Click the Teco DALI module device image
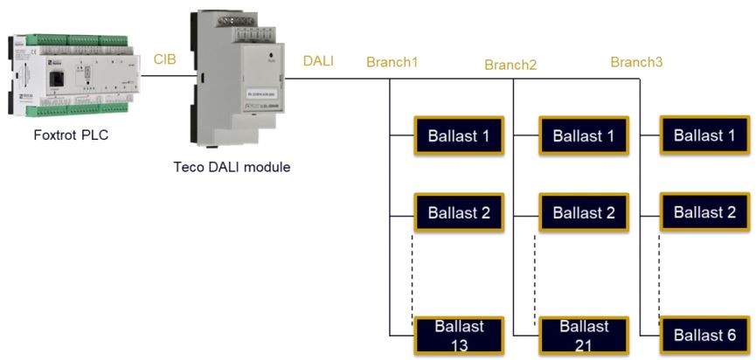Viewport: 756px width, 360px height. tap(232, 84)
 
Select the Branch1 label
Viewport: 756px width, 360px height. tap(392, 63)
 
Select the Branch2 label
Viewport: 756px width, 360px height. tap(510, 65)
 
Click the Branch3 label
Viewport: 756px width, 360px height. tap(635, 63)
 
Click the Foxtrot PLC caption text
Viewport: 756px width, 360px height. tap(72, 137)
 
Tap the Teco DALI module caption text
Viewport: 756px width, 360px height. tap(232, 167)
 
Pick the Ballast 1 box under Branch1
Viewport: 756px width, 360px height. tap(458, 135)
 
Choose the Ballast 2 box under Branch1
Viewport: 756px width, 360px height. tap(458, 211)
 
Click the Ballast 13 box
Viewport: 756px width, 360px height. tap(458, 335)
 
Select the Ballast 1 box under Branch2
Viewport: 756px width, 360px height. tap(583, 135)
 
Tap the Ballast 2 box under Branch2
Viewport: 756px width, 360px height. tap(583, 211)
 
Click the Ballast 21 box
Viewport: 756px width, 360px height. tap(583, 335)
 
